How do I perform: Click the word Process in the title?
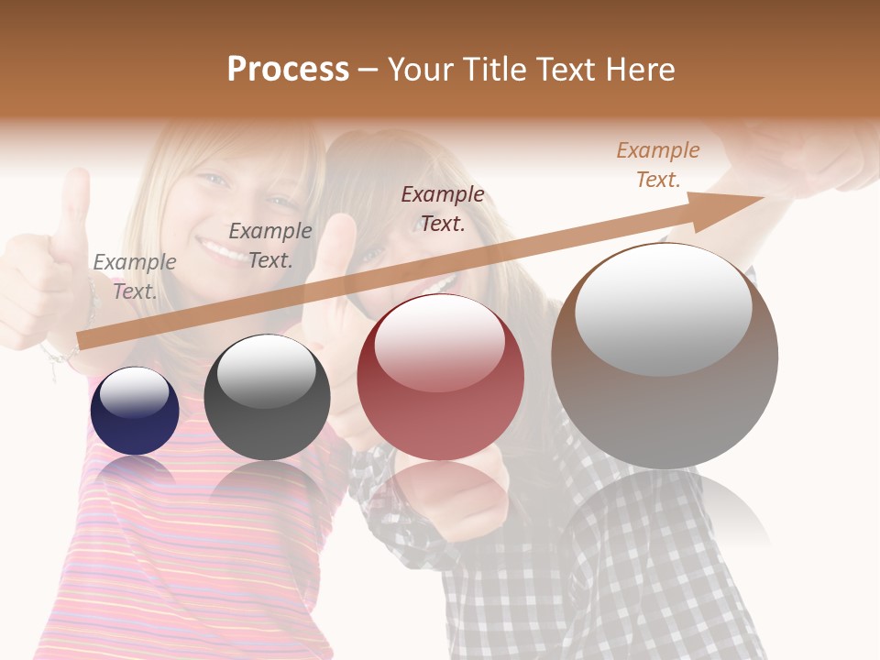pyautogui.click(x=288, y=70)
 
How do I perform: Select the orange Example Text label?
pyautogui.click(x=657, y=165)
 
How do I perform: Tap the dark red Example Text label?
pyautogui.click(x=443, y=208)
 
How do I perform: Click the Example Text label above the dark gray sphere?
pyautogui.click(x=270, y=245)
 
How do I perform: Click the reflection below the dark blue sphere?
pyautogui.click(x=135, y=471)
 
